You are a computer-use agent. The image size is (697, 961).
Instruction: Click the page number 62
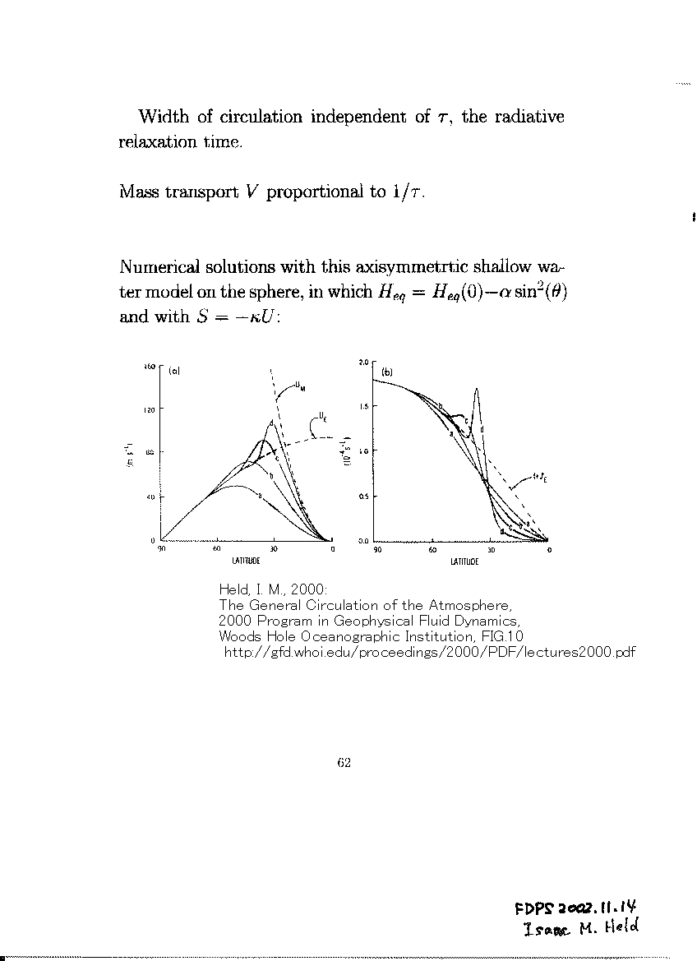tap(344, 762)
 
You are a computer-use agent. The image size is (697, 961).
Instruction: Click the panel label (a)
tap(174, 371)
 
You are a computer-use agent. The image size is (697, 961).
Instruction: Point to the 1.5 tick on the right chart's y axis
tap(364, 406)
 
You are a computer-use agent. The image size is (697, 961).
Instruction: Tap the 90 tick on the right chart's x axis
tap(376, 550)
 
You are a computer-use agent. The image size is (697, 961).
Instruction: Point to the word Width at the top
tap(164, 117)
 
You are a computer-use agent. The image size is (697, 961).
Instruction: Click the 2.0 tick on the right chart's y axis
tap(364, 362)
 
